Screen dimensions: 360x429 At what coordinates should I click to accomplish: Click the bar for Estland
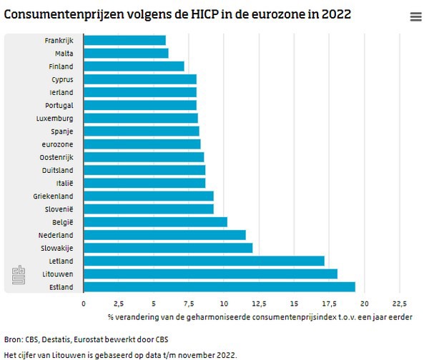(x=220, y=286)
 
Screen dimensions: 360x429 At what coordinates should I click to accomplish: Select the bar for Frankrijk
(x=125, y=40)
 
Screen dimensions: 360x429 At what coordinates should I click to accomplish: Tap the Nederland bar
(x=165, y=234)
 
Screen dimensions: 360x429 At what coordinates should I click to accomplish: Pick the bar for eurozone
(x=142, y=144)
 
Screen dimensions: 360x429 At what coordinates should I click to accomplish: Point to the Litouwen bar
(x=211, y=274)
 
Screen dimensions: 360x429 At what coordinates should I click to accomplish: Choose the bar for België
(x=156, y=221)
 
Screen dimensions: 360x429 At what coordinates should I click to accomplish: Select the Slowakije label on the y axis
(x=56, y=248)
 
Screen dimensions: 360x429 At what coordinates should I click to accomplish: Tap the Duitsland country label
(x=57, y=170)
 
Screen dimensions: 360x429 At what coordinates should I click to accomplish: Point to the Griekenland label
(x=53, y=196)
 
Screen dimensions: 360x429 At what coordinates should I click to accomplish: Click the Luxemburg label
(x=55, y=118)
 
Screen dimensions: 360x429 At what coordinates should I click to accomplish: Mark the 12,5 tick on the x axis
(x=259, y=302)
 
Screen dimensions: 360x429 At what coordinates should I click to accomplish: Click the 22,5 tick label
(x=399, y=302)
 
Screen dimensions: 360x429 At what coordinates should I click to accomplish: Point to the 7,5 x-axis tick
(x=189, y=302)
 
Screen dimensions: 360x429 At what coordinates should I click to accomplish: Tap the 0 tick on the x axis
(x=84, y=302)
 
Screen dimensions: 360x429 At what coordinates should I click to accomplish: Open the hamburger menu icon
(x=416, y=17)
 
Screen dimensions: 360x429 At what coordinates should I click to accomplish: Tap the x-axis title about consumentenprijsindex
(x=260, y=316)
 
